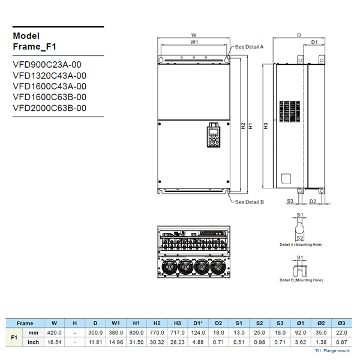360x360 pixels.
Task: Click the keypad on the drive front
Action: pyautogui.click(x=213, y=136)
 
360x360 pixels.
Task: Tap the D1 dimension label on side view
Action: pyautogui.click(x=314, y=42)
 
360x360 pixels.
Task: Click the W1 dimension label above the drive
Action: pyautogui.click(x=194, y=43)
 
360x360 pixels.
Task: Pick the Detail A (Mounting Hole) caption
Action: pyautogui.click(x=301, y=245)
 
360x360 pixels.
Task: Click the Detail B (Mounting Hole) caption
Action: pyautogui.click(x=301, y=280)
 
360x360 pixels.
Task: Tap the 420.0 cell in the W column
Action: pyautogui.click(x=55, y=332)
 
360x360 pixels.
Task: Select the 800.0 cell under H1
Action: pyautogui.click(x=136, y=332)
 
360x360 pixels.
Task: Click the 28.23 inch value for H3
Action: pyautogui.click(x=178, y=343)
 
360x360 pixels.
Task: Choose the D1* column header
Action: pyautogui.click(x=198, y=323)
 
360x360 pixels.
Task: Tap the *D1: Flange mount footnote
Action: pyautogui.click(x=331, y=350)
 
